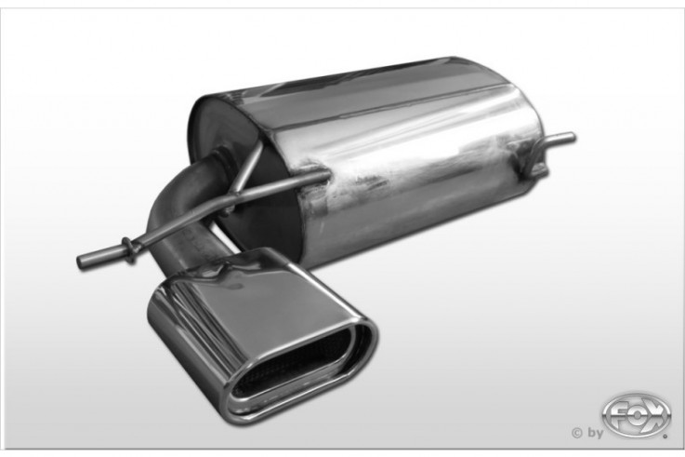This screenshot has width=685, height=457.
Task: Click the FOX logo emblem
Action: coord(636,415)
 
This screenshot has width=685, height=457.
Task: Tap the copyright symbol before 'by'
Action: coord(576,433)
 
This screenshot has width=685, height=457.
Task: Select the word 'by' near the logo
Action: coord(595,434)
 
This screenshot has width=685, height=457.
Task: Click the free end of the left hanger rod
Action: coord(80,261)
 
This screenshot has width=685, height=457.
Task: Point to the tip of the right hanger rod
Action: coord(573,137)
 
